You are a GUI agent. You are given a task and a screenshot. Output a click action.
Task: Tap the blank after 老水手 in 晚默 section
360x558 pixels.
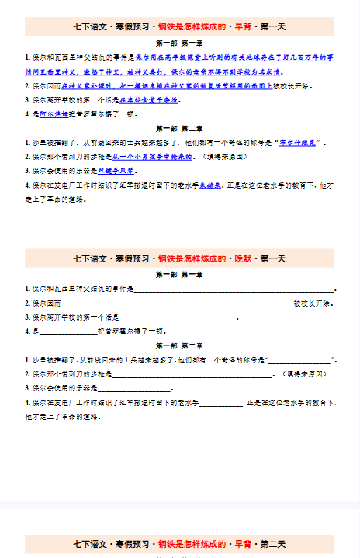pyautogui.click(x=222, y=402)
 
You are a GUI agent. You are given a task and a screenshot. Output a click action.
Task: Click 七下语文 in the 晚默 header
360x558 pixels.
pyautogui.click(x=89, y=258)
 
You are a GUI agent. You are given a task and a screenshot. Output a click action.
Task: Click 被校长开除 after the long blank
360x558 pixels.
pyautogui.click(x=312, y=303)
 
